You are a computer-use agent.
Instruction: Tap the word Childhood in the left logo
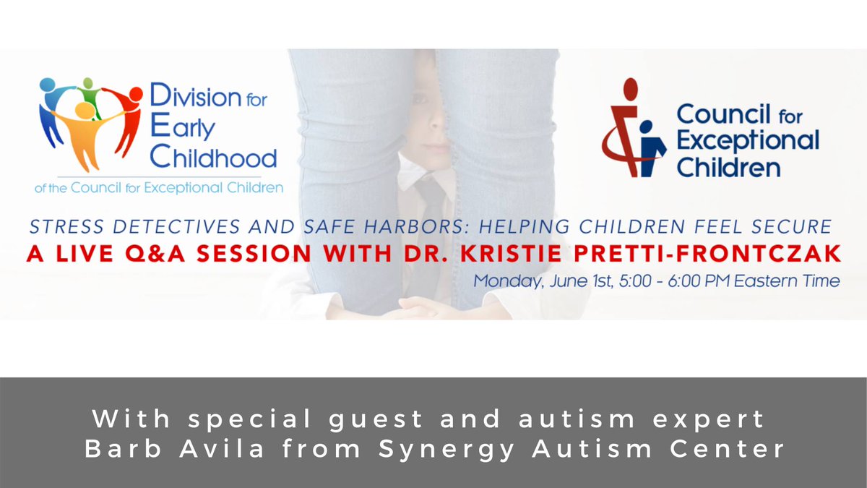(x=215, y=157)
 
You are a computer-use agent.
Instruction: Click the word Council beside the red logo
(x=727, y=116)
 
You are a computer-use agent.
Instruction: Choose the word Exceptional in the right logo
(x=747, y=141)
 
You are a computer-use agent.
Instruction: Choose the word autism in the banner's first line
(x=552, y=419)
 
